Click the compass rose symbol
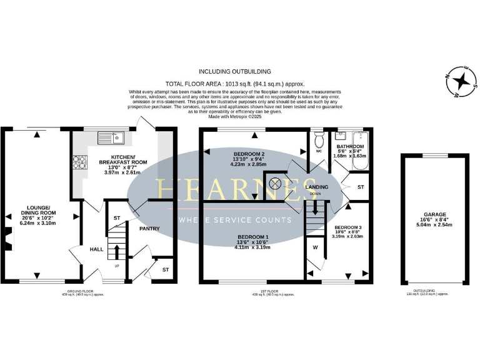[461, 82]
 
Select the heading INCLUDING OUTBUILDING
[234, 72]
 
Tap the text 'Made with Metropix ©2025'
[234, 116]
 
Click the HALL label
[96, 249]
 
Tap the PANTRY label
[149, 229]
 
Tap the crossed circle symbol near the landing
[274, 184]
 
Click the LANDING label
[316, 187]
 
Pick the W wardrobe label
[314, 247]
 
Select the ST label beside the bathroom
[361, 187]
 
